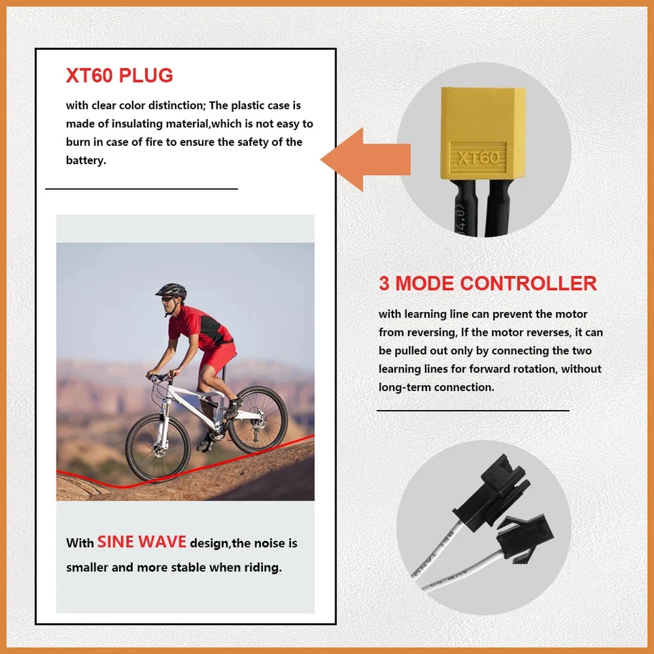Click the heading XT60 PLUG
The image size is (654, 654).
[x=119, y=76]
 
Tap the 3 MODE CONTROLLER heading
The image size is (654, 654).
[x=488, y=283]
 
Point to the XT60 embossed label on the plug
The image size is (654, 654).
[x=478, y=157]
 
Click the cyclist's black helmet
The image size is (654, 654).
[x=170, y=292]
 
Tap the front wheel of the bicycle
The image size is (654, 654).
[x=158, y=447]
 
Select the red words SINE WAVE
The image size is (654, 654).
[x=142, y=542]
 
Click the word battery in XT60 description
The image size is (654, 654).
[x=86, y=161]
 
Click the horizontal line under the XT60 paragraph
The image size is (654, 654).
[x=142, y=188]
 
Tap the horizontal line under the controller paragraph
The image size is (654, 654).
[x=473, y=411]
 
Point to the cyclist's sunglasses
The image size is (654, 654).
[x=168, y=298]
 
